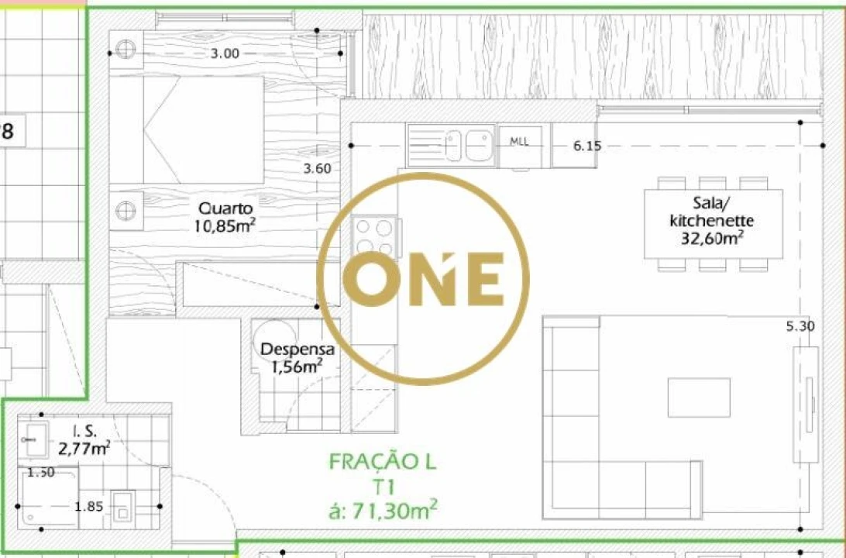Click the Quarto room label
[x=225, y=208]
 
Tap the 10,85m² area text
[x=225, y=226]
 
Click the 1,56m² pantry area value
[x=296, y=367]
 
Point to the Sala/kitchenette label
[x=711, y=213]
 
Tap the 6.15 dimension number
[x=587, y=145]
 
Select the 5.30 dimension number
[x=800, y=326]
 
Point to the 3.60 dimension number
[x=317, y=169]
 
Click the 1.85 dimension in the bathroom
[x=89, y=507]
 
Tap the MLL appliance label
[x=519, y=142]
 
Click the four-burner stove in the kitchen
[x=374, y=237]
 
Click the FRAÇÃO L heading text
[x=383, y=463]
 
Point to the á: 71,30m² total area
[x=383, y=510]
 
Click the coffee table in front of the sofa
[x=699, y=398]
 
